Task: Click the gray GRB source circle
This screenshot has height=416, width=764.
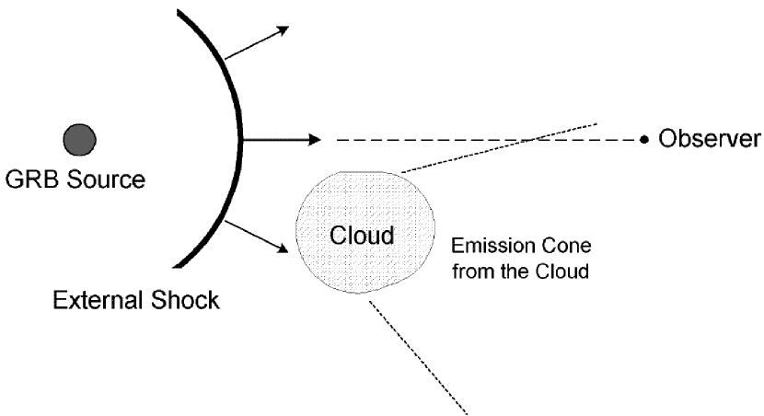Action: pos(80,140)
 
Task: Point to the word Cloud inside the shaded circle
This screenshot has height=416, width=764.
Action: pos(362,235)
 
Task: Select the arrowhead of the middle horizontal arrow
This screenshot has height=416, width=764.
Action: pos(315,140)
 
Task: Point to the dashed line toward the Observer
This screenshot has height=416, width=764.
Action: pos(488,140)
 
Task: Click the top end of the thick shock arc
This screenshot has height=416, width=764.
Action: pos(180,11)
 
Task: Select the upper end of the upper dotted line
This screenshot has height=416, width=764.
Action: pos(597,122)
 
